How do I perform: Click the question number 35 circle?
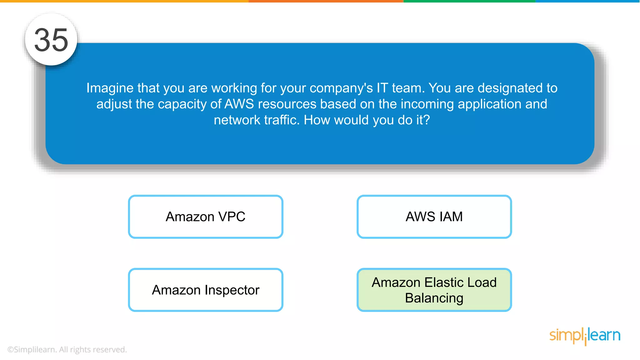51,40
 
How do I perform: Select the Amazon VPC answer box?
206,217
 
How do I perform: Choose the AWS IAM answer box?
434,217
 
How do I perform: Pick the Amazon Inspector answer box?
206,290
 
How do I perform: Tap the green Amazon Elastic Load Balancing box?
434,290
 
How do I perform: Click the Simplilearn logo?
585,336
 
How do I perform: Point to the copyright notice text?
67,349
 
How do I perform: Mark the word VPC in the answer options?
232,217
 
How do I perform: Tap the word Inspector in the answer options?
232,290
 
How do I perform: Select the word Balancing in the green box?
434,298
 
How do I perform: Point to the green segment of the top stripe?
469,1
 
